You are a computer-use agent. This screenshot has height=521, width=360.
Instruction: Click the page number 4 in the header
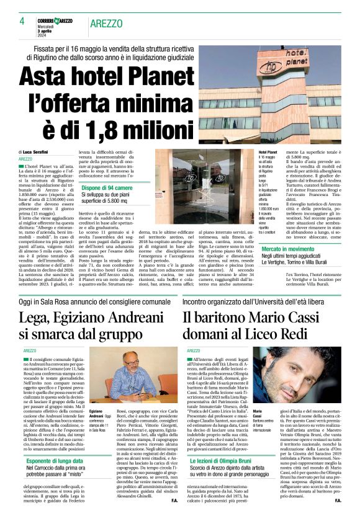(x=22, y=22)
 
